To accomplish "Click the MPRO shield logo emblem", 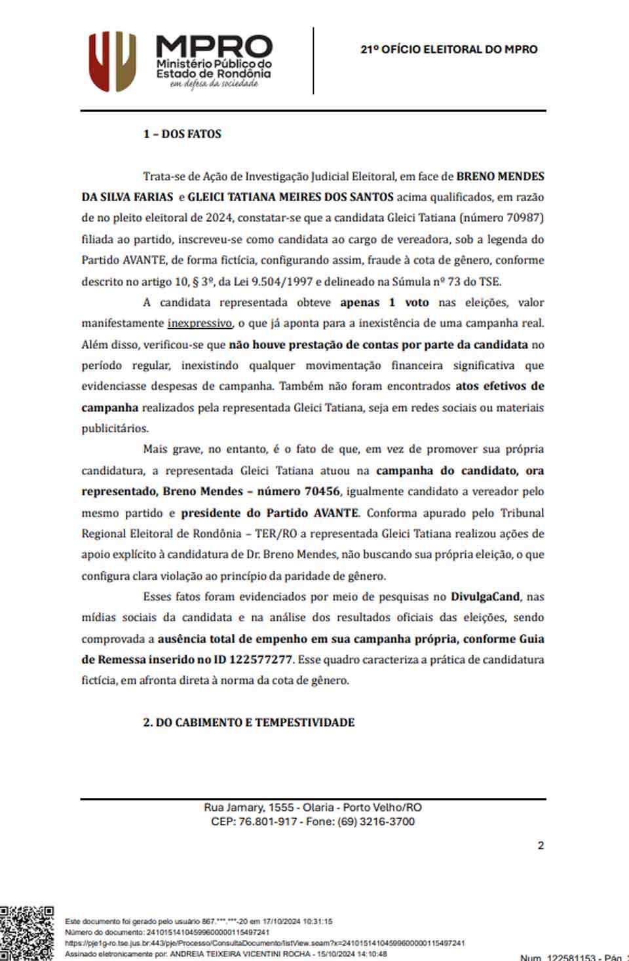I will [x=112, y=61].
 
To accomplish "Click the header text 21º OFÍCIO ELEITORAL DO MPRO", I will [x=448, y=49].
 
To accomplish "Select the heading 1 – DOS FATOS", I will [x=182, y=134].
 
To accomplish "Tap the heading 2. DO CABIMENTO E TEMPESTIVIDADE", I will [x=249, y=723].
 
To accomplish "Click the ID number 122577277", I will [x=260, y=660].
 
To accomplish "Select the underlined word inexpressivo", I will [x=199, y=323].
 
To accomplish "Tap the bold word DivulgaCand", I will [x=485, y=597].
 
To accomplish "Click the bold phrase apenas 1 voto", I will [x=384, y=303].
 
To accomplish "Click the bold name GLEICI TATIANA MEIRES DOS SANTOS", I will [x=290, y=197].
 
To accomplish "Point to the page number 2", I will [x=541, y=846].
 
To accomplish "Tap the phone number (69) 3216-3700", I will [x=376, y=821].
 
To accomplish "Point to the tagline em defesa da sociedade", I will [x=214, y=84].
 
